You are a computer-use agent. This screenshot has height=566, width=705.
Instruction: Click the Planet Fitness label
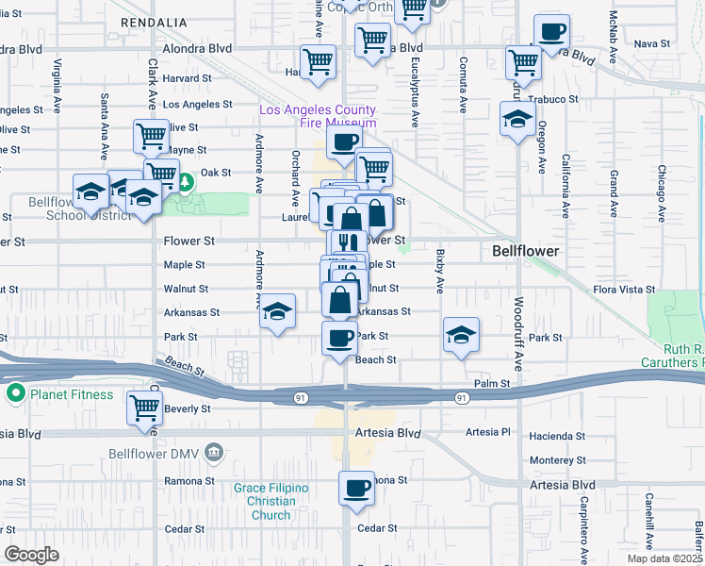click(61, 394)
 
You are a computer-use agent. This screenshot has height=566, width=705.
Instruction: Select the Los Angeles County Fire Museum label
click(318, 116)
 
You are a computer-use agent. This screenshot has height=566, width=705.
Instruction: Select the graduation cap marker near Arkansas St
click(277, 311)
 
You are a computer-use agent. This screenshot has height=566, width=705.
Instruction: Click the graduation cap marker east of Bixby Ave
click(461, 335)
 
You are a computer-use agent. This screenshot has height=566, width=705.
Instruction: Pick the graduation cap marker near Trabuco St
click(517, 119)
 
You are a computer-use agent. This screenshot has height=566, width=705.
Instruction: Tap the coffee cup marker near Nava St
click(550, 31)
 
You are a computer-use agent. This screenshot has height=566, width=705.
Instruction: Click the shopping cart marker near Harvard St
click(319, 61)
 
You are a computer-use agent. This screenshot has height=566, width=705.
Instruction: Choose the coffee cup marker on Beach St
click(339, 337)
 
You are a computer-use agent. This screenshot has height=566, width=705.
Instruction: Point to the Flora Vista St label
click(616, 290)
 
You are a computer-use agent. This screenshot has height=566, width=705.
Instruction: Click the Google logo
click(31, 555)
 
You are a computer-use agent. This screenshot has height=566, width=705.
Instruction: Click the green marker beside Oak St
click(187, 179)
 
